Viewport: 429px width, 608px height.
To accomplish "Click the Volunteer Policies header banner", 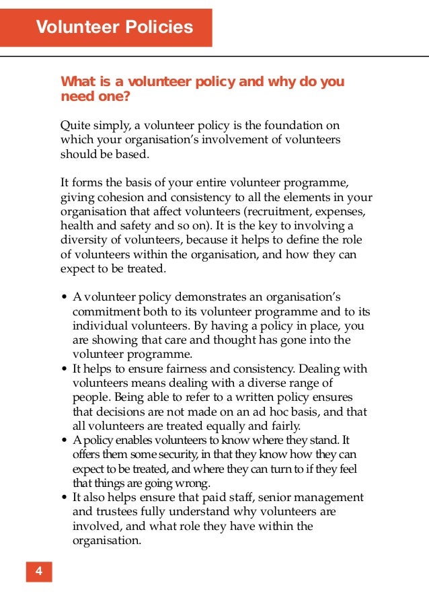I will tap(114, 28).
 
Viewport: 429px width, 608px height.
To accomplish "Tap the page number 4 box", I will tap(39, 572).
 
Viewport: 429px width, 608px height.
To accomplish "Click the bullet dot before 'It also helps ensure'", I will tap(63, 498).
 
